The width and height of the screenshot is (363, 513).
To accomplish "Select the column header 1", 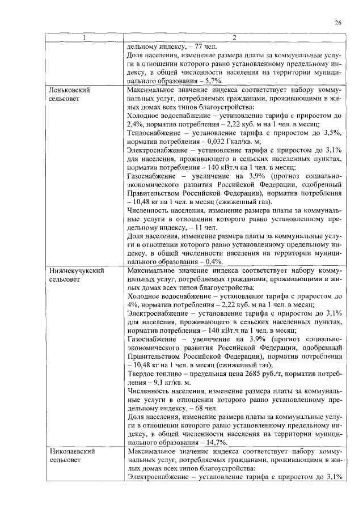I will [x=84, y=39].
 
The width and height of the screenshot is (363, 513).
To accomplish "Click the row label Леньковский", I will [x=70, y=90].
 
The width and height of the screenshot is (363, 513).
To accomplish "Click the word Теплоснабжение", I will [x=155, y=132].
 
